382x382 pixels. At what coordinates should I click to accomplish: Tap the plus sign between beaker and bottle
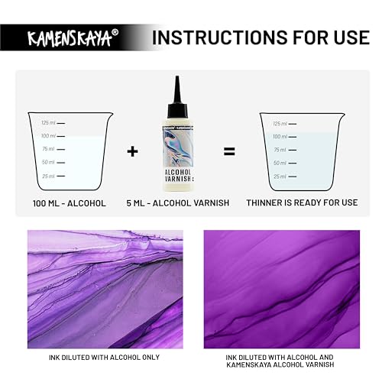pos(133,151)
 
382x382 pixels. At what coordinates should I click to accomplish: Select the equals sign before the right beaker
pos(228,151)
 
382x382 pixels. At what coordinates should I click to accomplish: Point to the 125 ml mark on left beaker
pos(50,123)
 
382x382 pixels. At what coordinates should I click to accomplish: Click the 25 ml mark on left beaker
pos(50,176)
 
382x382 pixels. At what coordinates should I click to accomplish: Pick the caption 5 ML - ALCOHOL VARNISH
pos(176,203)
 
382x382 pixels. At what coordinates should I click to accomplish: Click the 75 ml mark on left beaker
pos(50,149)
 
